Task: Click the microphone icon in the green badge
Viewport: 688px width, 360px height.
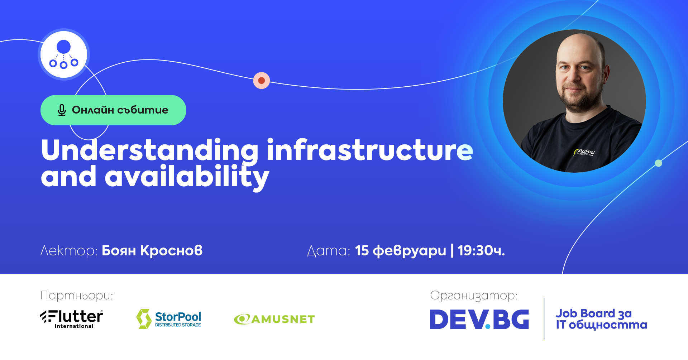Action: click(x=62, y=110)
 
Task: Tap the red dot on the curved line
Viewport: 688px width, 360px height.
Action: click(x=262, y=80)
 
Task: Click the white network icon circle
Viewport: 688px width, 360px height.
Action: click(x=63, y=54)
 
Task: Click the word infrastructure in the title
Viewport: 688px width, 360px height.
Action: click(x=370, y=150)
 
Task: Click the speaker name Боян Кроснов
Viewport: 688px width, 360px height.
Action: click(x=152, y=250)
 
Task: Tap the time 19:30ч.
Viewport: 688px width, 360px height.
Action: click(x=481, y=250)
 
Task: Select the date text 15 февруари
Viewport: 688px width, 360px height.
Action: click(x=400, y=251)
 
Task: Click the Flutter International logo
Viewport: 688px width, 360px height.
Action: click(x=72, y=318)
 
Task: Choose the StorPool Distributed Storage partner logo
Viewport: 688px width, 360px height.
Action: click(x=169, y=318)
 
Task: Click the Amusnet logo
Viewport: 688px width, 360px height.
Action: click(x=274, y=319)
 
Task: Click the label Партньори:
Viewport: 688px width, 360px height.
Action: click(x=77, y=296)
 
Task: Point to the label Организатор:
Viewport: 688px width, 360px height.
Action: click(x=474, y=296)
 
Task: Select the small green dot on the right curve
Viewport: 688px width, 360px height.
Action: click(x=658, y=163)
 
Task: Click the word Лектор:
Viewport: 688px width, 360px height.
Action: click(x=69, y=250)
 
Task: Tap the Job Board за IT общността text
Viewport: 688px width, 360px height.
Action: click(x=601, y=319)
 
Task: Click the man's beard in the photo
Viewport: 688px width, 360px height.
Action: click(x=577, y=100)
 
